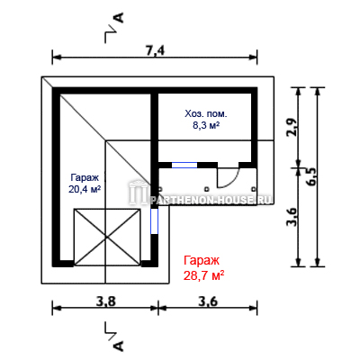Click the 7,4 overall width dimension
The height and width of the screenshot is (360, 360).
[x=156, y=51]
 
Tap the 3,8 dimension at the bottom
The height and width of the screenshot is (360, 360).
[x=105, y=301]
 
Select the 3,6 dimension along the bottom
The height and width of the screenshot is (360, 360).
[x=208, y=301]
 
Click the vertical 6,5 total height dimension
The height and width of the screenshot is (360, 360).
[x=311, y=177]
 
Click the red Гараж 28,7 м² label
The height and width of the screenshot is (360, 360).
[x=204, y=268]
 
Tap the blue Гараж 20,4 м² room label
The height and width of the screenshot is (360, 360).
[x=85, y=184]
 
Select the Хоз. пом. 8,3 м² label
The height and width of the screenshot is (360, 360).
[x=206, y=120]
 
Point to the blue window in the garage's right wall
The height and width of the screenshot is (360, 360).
[x=154, y=221]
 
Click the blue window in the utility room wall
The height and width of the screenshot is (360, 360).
[x=184, y=165]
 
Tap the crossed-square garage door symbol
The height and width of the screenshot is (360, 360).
[x=107, y=238]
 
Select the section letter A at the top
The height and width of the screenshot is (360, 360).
[x=119, y=18]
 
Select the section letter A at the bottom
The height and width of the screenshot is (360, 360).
[x=119, y=346]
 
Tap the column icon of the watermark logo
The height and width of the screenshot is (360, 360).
[x=139, y=193]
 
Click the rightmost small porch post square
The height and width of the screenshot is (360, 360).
[x=254, y=189]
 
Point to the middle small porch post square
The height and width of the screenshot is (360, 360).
[x=207, y=189]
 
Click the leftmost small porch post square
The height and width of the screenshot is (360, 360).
[x=160, y=189]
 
